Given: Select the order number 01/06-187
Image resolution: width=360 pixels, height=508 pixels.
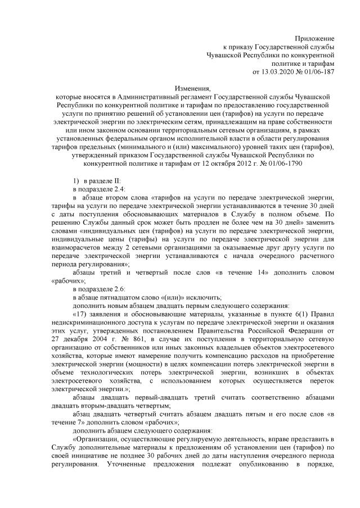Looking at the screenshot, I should (x=318, y=72).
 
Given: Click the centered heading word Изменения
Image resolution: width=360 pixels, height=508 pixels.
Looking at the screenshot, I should (x=180, y=89).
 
